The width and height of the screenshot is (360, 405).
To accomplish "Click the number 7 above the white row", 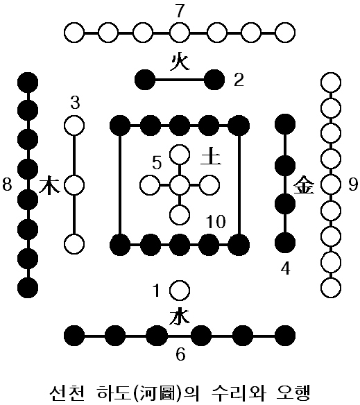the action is [x=180, y=11].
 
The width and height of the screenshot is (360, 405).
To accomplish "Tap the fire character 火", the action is [x=180, y=62].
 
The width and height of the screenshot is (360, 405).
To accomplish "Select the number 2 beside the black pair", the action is [x=239, y=80].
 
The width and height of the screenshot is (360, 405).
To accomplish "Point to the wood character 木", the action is [x=49, y=185].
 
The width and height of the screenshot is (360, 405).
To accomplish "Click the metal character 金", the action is [x=305, y=185].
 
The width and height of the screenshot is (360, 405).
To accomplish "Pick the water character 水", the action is [x=180, y=317].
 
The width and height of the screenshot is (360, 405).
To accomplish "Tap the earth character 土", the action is [x=211, y=157].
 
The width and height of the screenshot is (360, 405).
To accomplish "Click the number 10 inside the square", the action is [x=216, y=222].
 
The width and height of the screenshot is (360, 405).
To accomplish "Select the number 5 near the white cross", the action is [x=157, y=163].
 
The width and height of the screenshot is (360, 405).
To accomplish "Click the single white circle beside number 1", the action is [x=180, y=291].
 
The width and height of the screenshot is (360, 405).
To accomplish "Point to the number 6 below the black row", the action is [x=180, y=354].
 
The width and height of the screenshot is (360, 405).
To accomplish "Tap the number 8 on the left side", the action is [x=7, y=185].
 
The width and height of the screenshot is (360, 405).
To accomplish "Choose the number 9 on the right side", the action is [x=353, y=184].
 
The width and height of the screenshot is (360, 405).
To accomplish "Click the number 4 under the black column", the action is [x=285, y=268].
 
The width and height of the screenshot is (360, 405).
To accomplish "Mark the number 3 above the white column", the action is [x=75, y=103].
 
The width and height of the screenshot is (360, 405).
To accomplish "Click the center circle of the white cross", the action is [x=180, y=185].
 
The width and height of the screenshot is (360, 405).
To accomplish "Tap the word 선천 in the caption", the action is [x=67, y=393].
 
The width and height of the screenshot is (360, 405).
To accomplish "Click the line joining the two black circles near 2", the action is [x=180, y=80].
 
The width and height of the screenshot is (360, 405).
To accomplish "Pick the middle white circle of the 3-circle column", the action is [x=74, y=185].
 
